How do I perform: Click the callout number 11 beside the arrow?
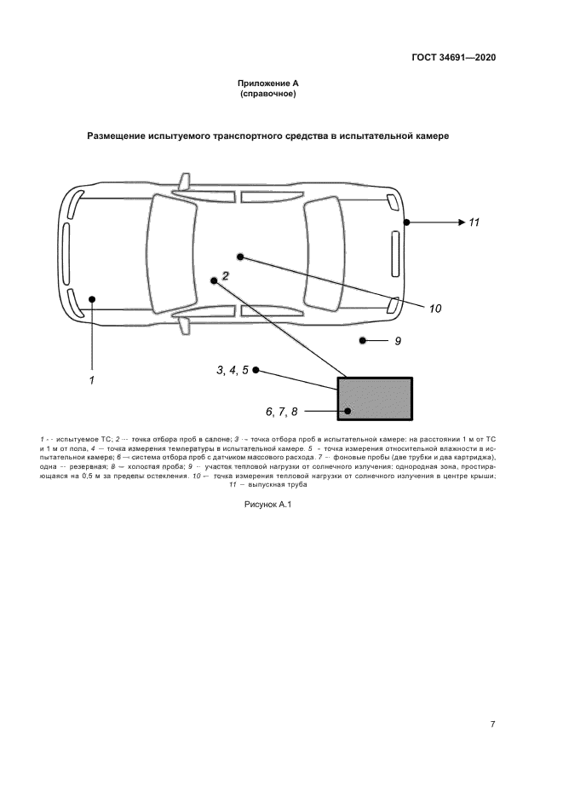coord(474,222)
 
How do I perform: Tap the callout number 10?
coord(434,309)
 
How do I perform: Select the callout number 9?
coord(397,341)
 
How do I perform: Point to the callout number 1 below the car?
coord(91,378)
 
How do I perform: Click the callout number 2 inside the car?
coord(226,275)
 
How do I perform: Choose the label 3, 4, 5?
coord(232,370)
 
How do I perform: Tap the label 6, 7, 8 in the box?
coord(282,412)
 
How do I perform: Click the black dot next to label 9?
coord(362,341)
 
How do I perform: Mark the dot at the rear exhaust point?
coord(407,222)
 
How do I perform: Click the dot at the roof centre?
coord(240,256)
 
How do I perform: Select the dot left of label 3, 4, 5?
coord(256,370)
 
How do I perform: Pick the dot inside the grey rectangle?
coord(348,412)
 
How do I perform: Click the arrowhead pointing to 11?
coord(458,222)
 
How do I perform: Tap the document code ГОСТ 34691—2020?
coord(453,58)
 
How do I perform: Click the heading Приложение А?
coord(267,84)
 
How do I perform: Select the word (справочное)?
coord(267,94)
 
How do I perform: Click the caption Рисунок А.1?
coord(267,505)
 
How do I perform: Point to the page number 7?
coord(492,725)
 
